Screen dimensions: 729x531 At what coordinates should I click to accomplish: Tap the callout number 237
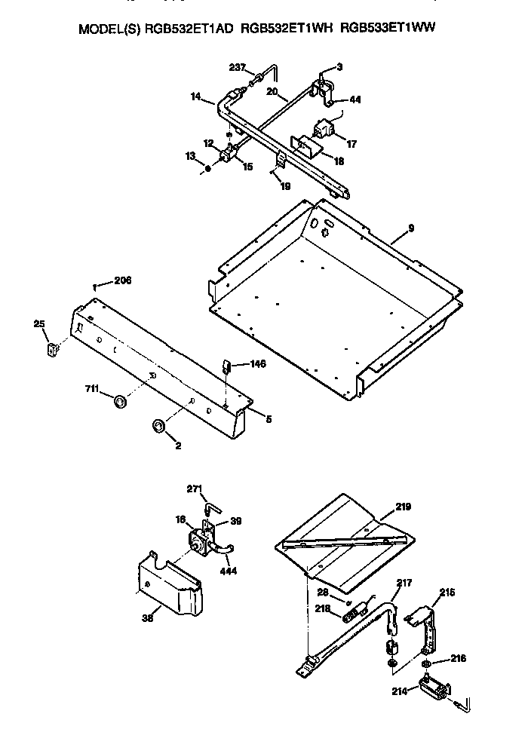click(x=238, y=68)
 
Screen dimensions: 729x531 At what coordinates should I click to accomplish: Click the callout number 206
click(x=122, y=280)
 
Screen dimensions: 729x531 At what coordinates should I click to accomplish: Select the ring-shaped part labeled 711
click(x=119, y=400)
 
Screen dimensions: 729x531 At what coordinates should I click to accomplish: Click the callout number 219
click(x=404, y=507)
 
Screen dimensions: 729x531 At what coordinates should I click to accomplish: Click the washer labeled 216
click(x=427, y=664)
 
